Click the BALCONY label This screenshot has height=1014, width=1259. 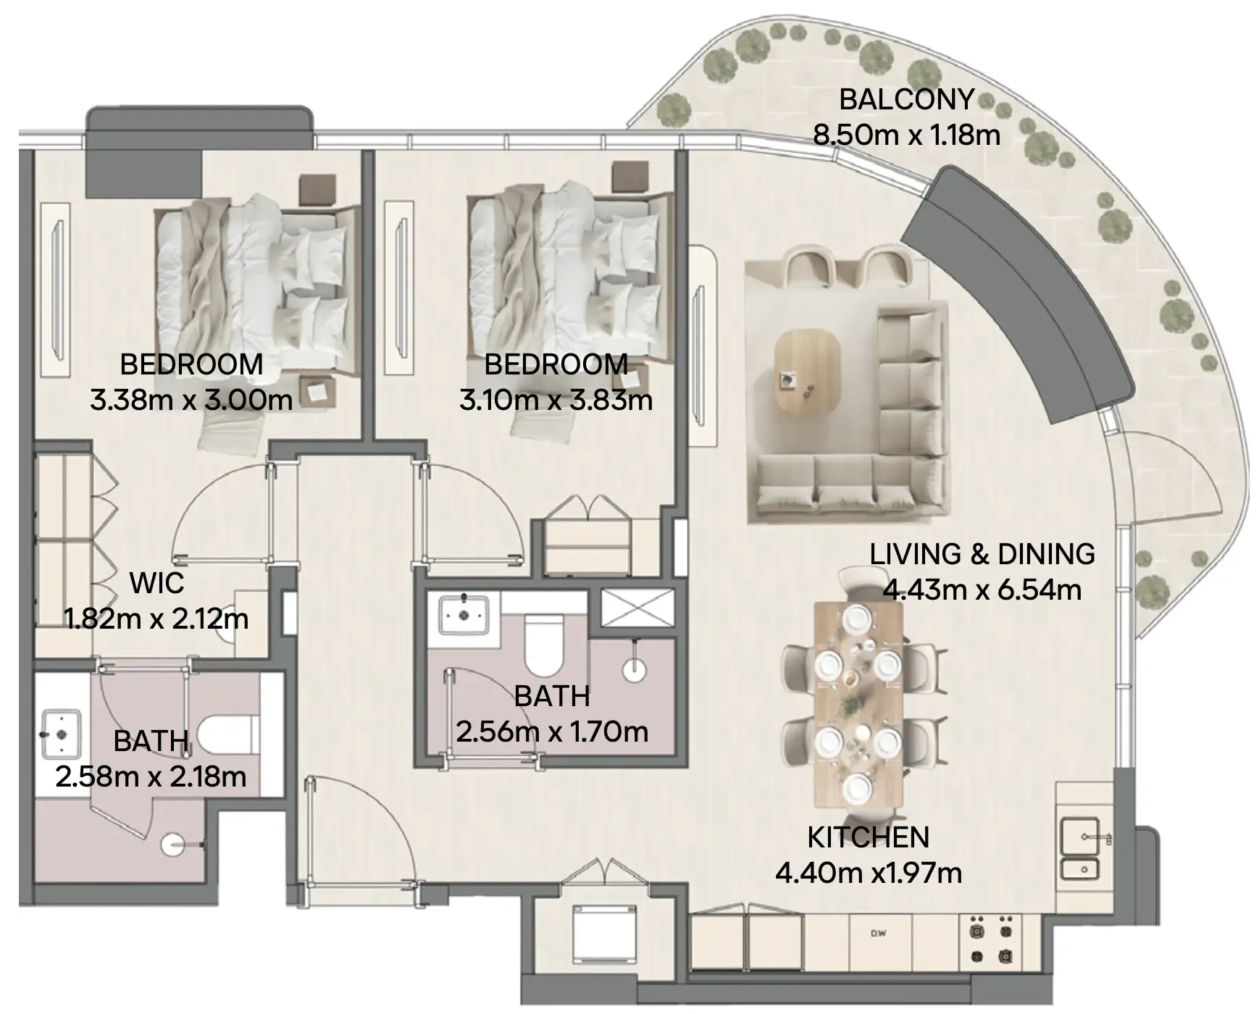(x=906, y=99)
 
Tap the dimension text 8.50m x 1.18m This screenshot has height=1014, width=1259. (x=906, y=135)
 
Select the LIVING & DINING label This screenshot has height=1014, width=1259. (x=982, y=554)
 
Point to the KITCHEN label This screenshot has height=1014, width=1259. (x=868, y=837)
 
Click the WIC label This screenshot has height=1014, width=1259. (x=156, y=583)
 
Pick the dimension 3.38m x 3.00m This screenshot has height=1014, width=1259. (x=191, y=400)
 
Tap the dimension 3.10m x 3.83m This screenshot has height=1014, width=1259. (x=556, y=400)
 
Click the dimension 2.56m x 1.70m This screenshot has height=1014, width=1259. (x=552, y=732)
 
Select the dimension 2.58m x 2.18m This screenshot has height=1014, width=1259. (x=151, y=776)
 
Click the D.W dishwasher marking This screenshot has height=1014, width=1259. (x=879, y=934)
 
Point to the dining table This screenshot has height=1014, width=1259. (x=858, y=703)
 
